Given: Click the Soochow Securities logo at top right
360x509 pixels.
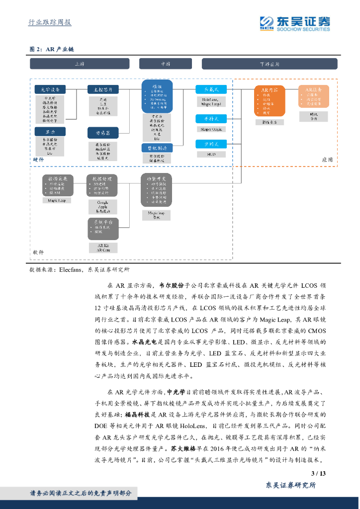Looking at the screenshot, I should point(294,23).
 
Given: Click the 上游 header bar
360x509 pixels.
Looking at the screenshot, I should point(80,64).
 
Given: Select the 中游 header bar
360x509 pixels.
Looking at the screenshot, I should point(165,64).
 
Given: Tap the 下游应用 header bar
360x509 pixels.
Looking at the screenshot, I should point(269,64).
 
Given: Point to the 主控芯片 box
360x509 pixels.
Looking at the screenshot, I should point(103,89).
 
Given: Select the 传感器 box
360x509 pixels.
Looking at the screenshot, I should point(103,133).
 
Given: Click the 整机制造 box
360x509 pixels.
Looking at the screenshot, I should point(157,148).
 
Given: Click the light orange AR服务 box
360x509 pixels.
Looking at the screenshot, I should point(313,97).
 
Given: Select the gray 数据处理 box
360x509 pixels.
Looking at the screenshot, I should point(103,186).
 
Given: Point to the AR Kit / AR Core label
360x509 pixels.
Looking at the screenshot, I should point(103,248).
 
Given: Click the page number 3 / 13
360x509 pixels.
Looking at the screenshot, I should point(318,473).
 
